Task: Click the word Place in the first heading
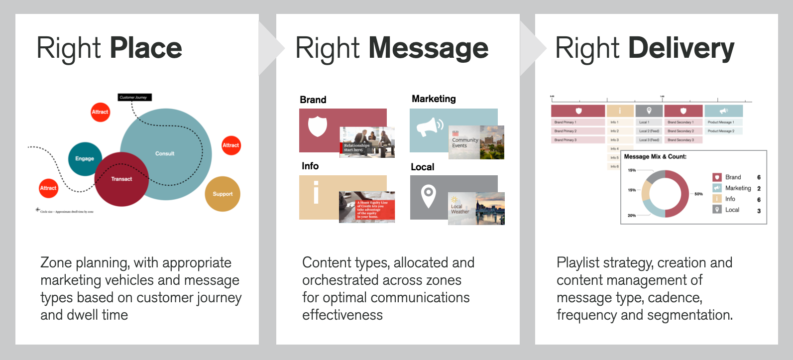tap(145, 48)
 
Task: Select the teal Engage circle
tap(85, 158)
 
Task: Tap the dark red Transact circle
tap(121, 179)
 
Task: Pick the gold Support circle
tap(223, 194)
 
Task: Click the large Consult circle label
tap(165, 153)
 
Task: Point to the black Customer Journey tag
tap(134, 97)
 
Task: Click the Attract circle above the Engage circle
tap(100, 112)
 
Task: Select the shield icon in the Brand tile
tap(318, 126)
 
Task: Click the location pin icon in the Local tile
tap(428, 196)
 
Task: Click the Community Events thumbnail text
tap(464, 143)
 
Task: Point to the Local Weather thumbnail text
tap(459, 209)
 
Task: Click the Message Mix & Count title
tap(655, 156)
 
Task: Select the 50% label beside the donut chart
tap(698, 194)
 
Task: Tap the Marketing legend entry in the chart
tap(738, 188)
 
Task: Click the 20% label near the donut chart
tap(632, 216)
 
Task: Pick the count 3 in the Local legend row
tap(759, 211)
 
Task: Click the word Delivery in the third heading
tap(681, 48)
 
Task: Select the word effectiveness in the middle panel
tap(342, 315)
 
